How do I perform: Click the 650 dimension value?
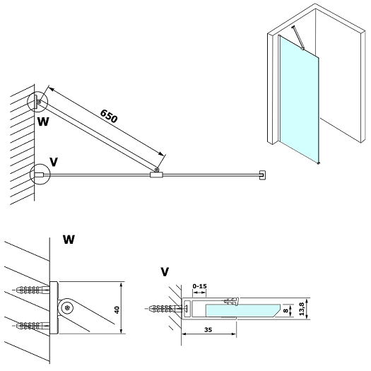click(109, 116)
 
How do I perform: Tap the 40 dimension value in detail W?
click(117, 310)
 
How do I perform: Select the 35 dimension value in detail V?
click(208, 329)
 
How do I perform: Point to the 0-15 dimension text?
click(199, 286)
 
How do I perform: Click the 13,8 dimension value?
click(302, 309)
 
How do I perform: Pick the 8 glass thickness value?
click(285, 310)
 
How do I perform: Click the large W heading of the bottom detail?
click(69, 240)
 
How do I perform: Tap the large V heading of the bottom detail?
click(165, 271)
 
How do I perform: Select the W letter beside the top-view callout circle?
click(43, 122)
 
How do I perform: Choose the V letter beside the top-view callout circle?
click(54, 162)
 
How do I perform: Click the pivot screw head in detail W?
click(67, 308)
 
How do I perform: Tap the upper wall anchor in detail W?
click(33, 289)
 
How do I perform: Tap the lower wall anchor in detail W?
click(33, 326)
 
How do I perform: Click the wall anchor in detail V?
click(165, 309)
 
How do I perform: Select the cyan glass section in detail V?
click(242, 310)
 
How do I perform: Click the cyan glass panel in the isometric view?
click(300, 100)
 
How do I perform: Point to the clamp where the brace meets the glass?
click(156, 175)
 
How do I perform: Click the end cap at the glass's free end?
click(262, 175)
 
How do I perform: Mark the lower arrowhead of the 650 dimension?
click(161, 153)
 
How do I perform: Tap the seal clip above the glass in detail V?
click(231, 301)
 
